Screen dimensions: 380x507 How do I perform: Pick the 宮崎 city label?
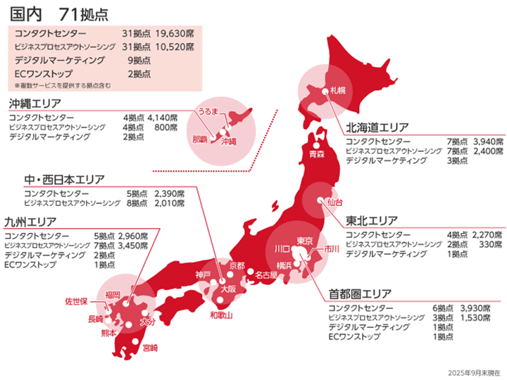(x=150, y=347)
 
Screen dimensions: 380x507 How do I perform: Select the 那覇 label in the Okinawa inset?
(x=199, y=139)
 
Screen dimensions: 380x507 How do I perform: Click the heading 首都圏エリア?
(x=362, y=293)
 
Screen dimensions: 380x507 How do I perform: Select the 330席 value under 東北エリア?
(x=490, y=243)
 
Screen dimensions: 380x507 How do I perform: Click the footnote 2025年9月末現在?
(x=473, y=372)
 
